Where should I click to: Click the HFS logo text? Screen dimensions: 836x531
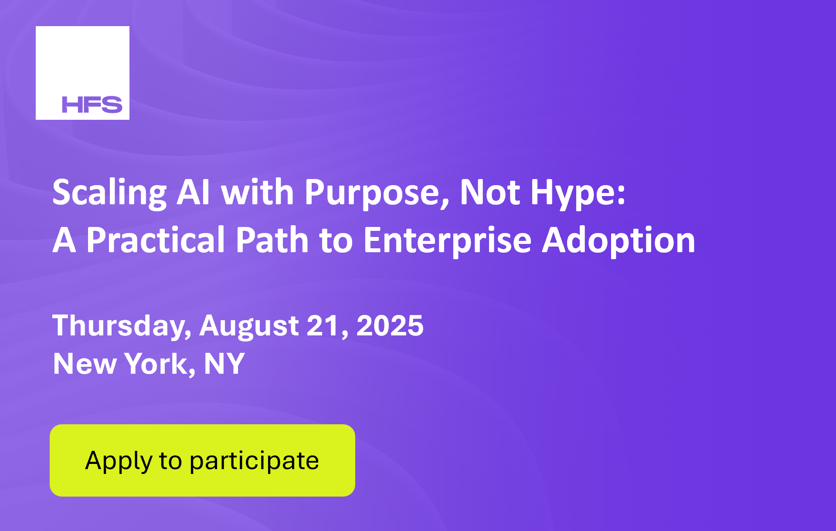92,105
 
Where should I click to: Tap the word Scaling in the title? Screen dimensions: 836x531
109,193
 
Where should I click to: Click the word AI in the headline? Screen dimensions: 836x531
194,192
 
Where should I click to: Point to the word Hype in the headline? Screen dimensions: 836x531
578,193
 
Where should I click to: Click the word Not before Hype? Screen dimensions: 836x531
490,192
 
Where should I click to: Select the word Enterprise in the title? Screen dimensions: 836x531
447,241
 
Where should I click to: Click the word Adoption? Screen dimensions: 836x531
619,241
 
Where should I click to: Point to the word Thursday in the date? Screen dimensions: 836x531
122,326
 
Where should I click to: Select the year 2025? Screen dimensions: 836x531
390,325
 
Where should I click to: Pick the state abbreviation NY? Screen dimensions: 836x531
224,363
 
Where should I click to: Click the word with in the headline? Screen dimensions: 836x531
258,192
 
